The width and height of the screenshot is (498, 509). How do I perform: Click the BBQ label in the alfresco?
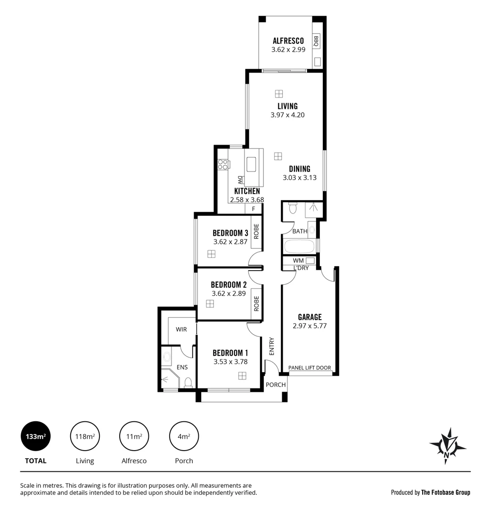(x=317, y=41)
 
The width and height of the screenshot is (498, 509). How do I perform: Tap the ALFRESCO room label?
(x=288, y=41)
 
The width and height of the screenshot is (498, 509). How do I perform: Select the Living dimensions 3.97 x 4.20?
(x=287, y=115)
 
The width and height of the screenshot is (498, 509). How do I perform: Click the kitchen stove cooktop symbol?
(x=222, y=164)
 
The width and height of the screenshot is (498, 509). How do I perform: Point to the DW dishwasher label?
(x=240, y=180)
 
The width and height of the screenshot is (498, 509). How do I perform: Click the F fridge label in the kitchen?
(x=253, y=209)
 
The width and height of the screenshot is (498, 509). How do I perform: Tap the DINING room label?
(x=300, y=169)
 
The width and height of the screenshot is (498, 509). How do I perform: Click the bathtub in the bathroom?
(x=299, y=246)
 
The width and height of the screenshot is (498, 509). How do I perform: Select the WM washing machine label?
(x=298, y=260)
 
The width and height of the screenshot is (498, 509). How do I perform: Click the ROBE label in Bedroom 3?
(x=257, y=231)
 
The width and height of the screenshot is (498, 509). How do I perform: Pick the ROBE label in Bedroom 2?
(x=257, y=303)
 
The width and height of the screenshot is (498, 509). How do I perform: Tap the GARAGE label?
(x=310, y=317)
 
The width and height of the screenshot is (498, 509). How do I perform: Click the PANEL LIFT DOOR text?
(x=310, y=368)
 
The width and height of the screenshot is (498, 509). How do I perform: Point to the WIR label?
(x=181, y=329)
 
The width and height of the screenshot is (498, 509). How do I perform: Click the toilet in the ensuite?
(x=188, y=382)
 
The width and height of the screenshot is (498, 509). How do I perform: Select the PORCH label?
(x=276, y=385)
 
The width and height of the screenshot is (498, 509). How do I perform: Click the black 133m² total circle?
(x=36, y=436)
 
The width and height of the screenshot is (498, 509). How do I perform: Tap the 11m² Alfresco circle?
(x=134, y=436)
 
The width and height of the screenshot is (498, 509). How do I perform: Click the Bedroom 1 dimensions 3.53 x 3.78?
(x=230, y=362)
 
